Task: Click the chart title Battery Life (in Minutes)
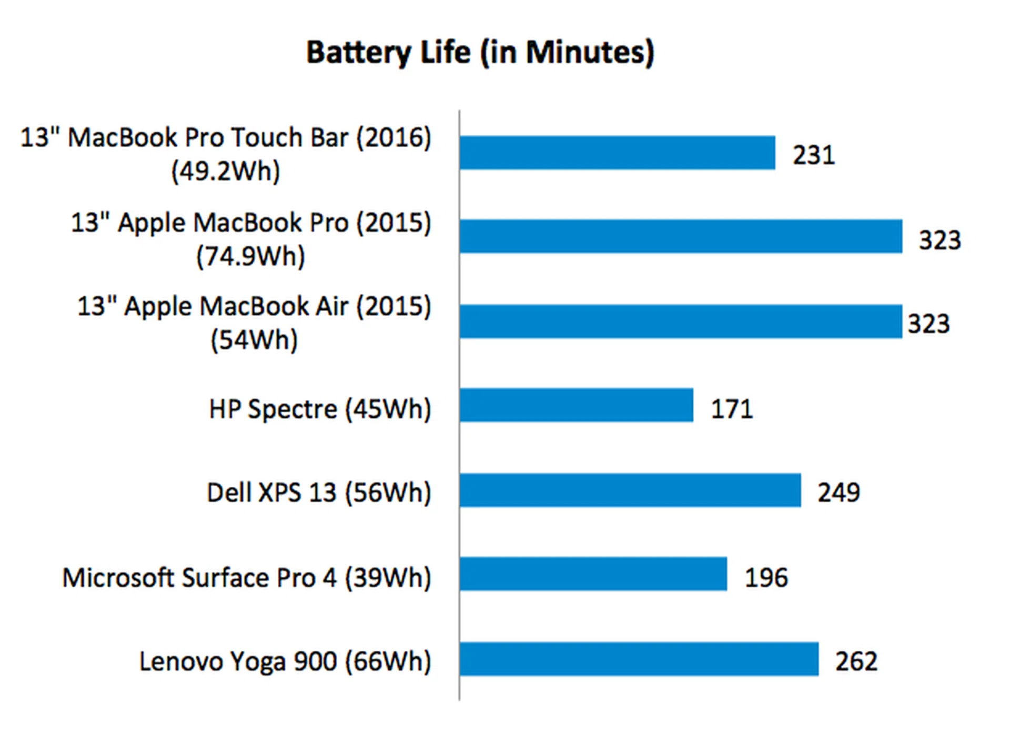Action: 480,53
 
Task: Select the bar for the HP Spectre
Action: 576,405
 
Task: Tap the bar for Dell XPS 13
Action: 630,490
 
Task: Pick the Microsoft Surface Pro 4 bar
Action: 593,574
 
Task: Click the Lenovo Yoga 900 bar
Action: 639,659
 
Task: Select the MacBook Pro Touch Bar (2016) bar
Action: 617,153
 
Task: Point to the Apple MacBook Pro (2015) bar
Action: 681,237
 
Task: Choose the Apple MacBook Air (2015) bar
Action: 681,321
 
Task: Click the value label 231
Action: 814,155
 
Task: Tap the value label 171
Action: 732,409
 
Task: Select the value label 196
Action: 766,577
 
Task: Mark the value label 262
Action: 856,661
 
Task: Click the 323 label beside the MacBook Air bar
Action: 928,324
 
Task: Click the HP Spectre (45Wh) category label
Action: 320,409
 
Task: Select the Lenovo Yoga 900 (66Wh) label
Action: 285,661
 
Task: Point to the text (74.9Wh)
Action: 250,257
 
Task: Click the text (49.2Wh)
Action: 226,172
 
